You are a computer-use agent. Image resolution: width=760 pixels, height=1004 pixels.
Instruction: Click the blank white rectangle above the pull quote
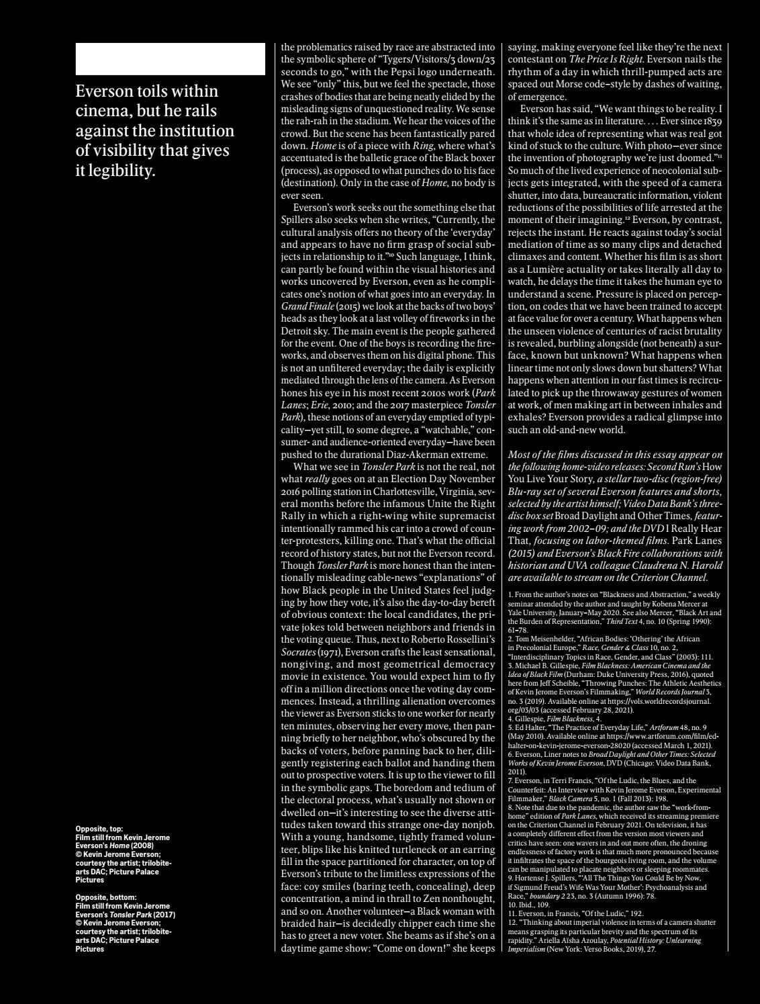coord(171,59)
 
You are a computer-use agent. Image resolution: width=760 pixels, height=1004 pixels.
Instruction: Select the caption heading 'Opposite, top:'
coord(99,829)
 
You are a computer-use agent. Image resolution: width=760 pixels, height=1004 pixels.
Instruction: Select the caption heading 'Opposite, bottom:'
coord(106,897)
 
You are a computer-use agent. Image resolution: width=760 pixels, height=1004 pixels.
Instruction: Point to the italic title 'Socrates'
coord(298,651)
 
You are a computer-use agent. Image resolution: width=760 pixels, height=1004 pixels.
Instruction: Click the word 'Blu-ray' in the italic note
coord(524,491)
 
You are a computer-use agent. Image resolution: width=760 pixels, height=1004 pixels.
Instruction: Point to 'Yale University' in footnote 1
coord(534,612)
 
